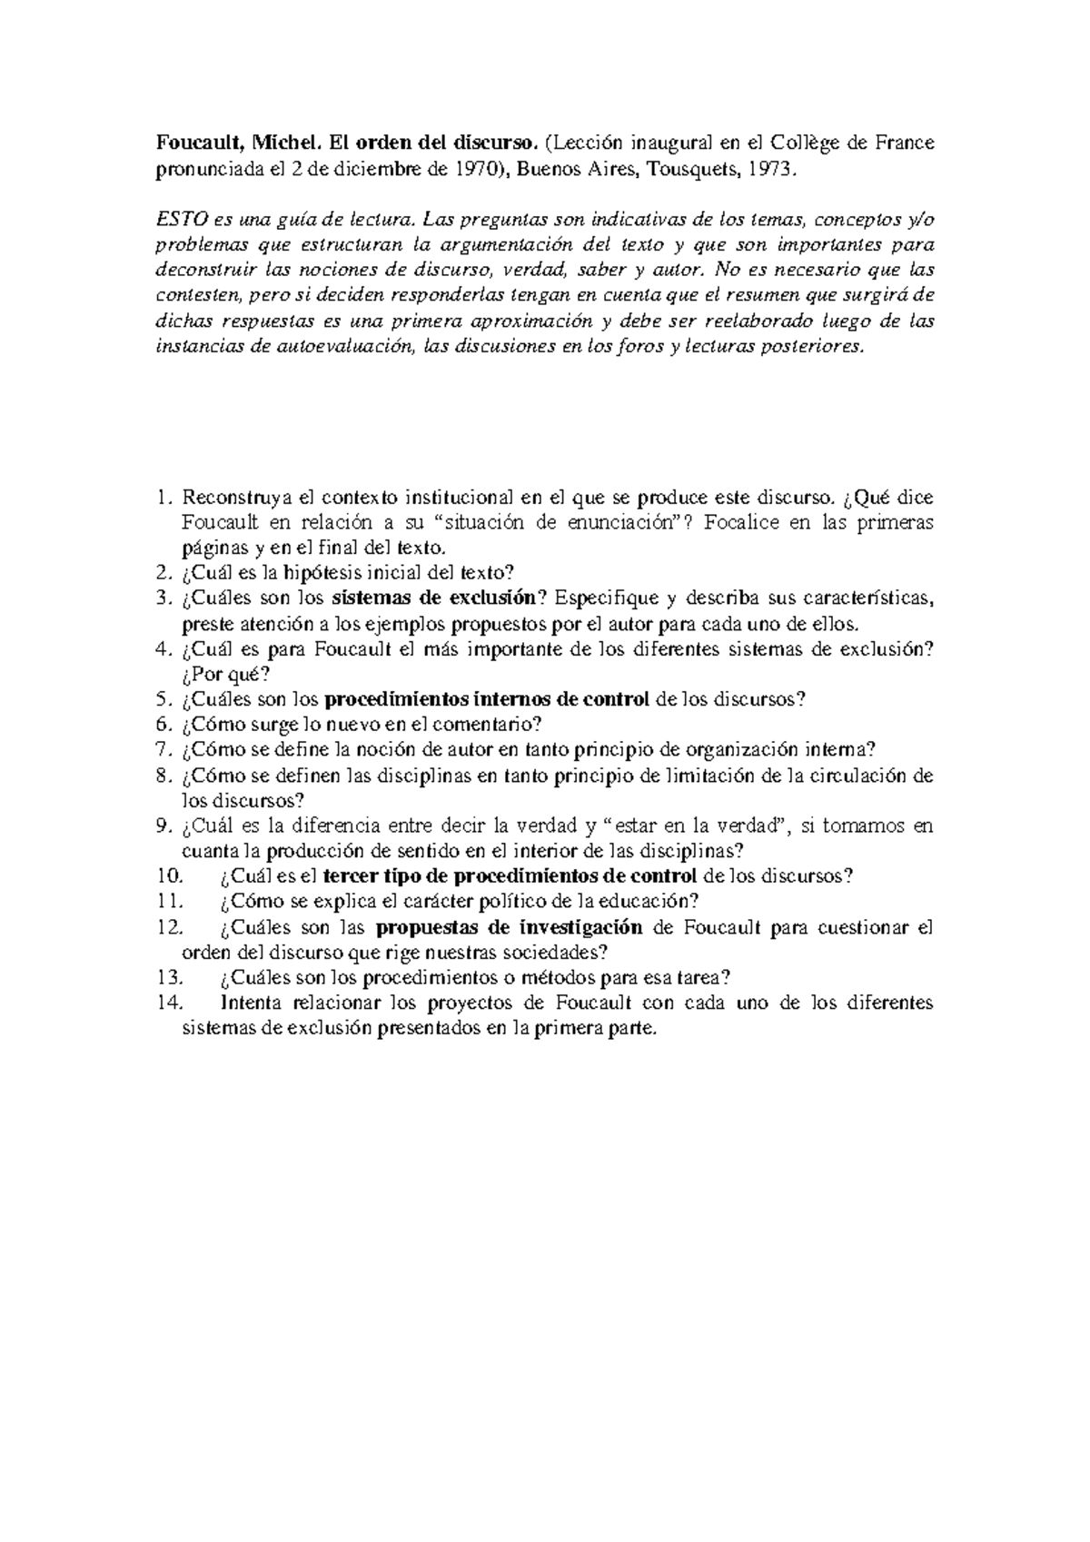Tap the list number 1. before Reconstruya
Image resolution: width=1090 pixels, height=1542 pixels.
coord(163,497)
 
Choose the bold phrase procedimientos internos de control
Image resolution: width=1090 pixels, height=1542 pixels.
coord(487,699)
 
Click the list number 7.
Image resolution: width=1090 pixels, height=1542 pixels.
coord(163,750)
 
